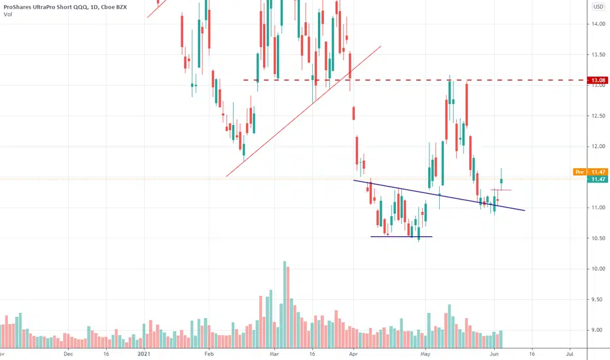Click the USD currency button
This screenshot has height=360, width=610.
598,7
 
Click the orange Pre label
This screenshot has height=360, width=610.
579,171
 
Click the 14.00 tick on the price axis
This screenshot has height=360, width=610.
597,24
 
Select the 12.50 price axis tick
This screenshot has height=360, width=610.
597,116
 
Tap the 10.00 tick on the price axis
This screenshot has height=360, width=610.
597,269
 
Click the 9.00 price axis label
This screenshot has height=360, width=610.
597,330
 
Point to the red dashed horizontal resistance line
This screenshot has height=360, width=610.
406,80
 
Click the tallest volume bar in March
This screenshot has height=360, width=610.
285,301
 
